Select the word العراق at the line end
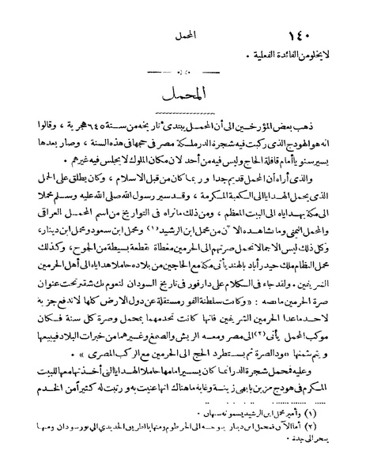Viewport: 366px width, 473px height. [x=59, y=222]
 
